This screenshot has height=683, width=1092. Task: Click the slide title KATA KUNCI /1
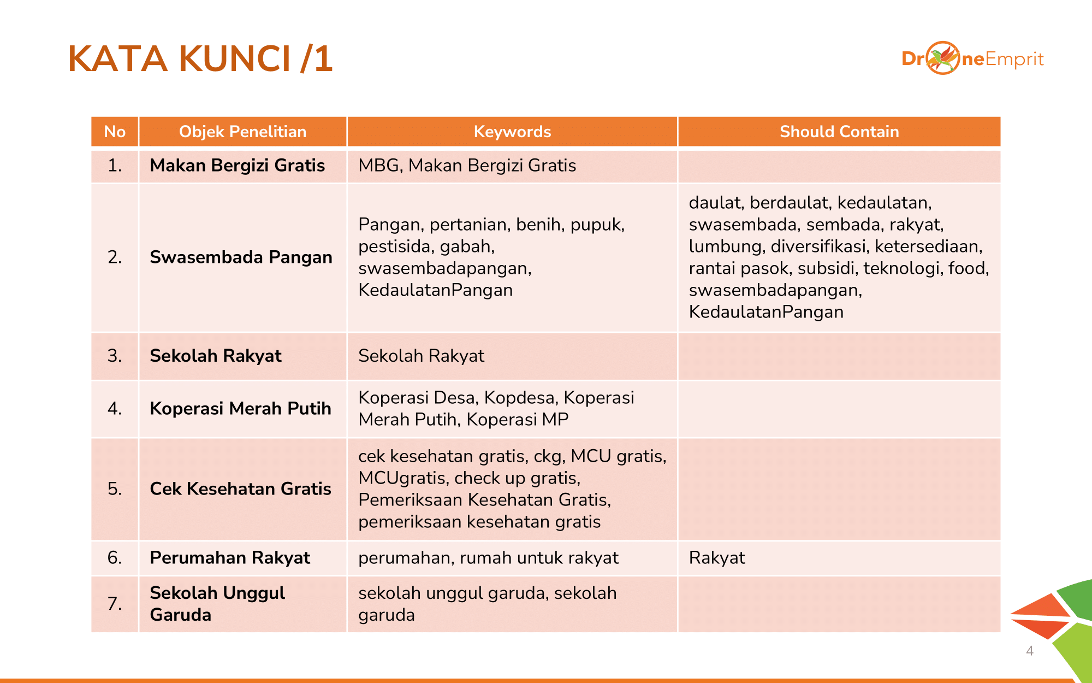pos(200,59)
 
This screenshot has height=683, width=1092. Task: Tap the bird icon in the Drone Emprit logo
pos(943,58)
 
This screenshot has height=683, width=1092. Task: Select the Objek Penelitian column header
pos(242,132)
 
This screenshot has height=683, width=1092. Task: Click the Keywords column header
pos(512,132)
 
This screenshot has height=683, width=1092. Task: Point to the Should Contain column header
pos(839,132)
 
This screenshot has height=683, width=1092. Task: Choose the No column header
pos(115,132)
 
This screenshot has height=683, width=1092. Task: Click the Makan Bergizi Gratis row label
pos(238,166)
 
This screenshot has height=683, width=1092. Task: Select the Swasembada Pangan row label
pos(241,257)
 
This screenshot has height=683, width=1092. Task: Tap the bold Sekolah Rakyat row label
pos(216,356)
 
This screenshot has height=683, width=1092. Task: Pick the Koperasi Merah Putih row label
pos(240,408)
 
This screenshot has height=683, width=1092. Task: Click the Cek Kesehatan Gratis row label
pos(240,488)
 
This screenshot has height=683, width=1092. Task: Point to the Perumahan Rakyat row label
pos(230,557)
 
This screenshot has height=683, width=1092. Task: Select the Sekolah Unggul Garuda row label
pos(217,603)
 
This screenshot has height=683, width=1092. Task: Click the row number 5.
pos(115,488)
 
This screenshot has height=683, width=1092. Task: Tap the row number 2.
pos(115,257)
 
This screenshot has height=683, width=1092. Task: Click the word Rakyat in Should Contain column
pos(717,557)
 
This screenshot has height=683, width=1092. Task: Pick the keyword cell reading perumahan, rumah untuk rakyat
pos(488,557)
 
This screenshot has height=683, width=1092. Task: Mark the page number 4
pos(1030,651)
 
